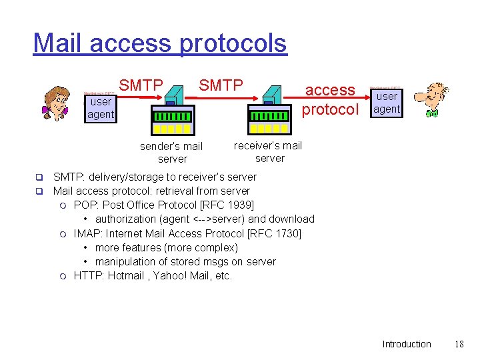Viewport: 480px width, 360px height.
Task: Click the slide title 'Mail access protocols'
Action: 160,43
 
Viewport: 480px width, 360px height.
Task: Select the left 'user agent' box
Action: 101,108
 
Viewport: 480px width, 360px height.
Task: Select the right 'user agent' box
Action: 387,102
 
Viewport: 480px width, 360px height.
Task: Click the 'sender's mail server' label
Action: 171,153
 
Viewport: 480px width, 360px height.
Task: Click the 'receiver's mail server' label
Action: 269,152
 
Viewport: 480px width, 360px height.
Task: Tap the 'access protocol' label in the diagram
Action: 330,99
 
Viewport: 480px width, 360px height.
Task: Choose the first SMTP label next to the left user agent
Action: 141,85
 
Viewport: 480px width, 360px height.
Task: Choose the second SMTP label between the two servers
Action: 221,85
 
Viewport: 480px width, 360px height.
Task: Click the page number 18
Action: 459,344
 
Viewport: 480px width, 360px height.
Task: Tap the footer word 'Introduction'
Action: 407,344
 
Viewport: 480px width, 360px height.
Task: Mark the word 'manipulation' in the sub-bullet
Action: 127,262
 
